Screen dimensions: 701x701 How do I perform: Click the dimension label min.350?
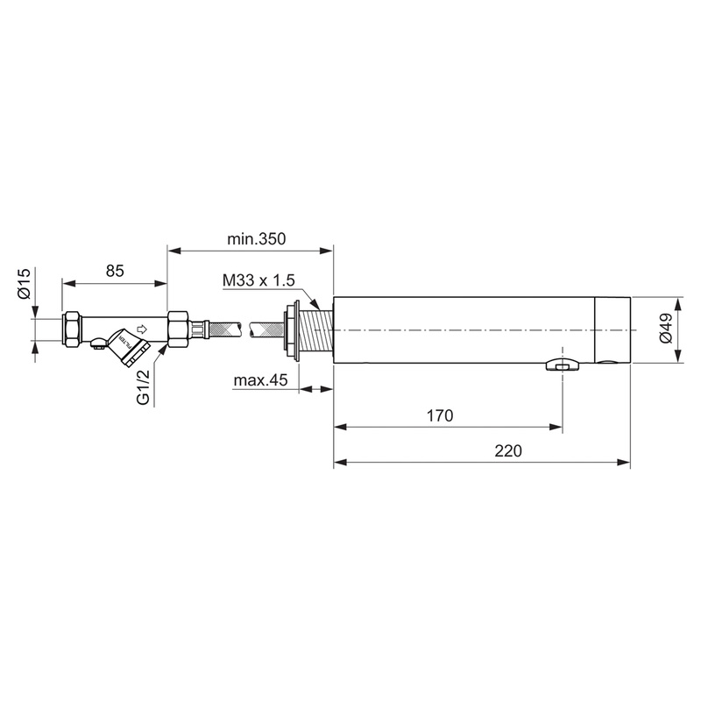coord(251,238)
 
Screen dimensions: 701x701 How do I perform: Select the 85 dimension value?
coord(115,271)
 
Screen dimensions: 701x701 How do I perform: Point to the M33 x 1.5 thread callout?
coord(260,280)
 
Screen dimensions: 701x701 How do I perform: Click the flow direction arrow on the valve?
coord(142,329)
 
